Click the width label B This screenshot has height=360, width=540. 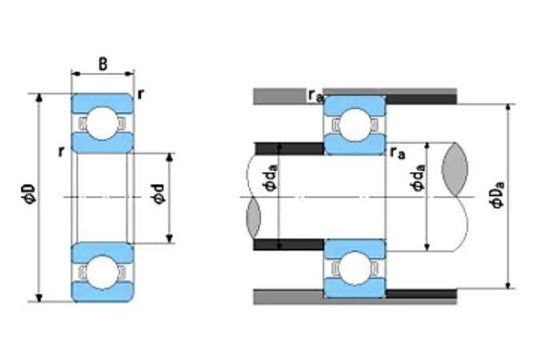tap(102, 64)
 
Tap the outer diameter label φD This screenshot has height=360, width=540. tap(28, 193)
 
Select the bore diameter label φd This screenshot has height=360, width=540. tap(158, 194)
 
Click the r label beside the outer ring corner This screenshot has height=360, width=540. tap(141, 94)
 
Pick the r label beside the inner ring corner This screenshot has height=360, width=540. tap(62, 151)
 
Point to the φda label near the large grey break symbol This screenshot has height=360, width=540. tap(418, 178)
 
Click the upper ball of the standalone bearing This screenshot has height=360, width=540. tap(102, 123)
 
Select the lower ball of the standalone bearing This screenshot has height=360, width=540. tap(102, 272)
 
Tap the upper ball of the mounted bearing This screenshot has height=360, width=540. tap(354, 125)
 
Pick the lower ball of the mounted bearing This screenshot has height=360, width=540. tap(354, 268)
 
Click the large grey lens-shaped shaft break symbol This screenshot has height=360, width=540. tap(454, 170)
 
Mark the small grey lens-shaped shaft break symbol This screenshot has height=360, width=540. tap(254, 218)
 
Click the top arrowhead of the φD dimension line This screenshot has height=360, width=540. tap(39, 98)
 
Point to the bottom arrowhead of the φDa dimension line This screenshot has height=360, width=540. tap(508, 285)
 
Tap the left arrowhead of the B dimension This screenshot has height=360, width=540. tap(76, 74)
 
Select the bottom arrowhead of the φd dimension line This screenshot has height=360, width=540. tap(169, 238)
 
